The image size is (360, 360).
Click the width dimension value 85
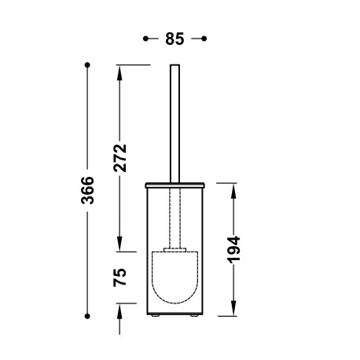point(174,39)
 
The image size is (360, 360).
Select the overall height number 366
point(88,190)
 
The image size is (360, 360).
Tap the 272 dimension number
point(120,156)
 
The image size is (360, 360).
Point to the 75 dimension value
point(120,277)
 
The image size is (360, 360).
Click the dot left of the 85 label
point(146,38)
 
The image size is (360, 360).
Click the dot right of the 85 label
point(204,38)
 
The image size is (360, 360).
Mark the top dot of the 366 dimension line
point(88,64)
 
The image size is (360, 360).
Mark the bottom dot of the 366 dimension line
point(88,316)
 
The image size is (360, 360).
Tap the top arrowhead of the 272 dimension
point(120,71)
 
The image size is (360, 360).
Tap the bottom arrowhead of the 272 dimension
point(120,245)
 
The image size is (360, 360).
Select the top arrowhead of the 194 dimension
point(233,189)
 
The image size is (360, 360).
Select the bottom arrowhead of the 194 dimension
point(233,310)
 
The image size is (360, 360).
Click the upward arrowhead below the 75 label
point(120,310)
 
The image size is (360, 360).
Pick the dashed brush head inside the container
point(174,279)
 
